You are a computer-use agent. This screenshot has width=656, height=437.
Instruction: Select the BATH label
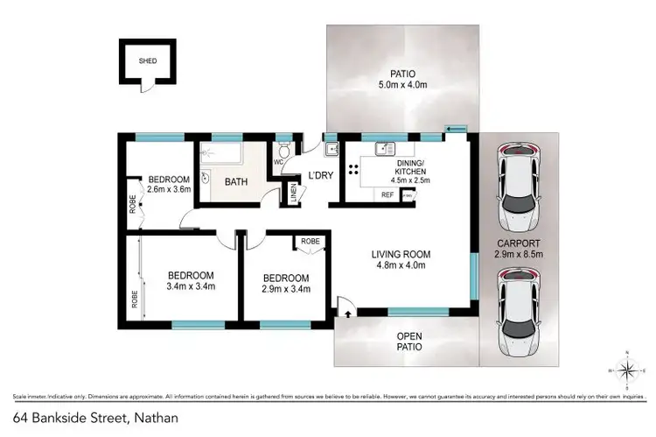coord(236,182)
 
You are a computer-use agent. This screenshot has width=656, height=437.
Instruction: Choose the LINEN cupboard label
coord(291,193)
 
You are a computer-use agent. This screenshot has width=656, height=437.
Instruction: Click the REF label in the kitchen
coord(387,195)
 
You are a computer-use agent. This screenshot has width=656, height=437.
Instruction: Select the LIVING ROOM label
coord(397,261)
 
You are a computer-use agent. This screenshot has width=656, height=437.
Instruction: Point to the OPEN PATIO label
coord(409,341)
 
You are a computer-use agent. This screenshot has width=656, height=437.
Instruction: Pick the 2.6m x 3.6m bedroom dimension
coord(169,188)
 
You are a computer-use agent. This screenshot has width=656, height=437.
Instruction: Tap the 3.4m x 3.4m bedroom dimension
coord(191,285)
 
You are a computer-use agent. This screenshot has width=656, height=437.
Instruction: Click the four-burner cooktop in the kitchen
coord(356,171)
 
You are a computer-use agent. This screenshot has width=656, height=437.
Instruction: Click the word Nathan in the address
coord(157,419)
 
